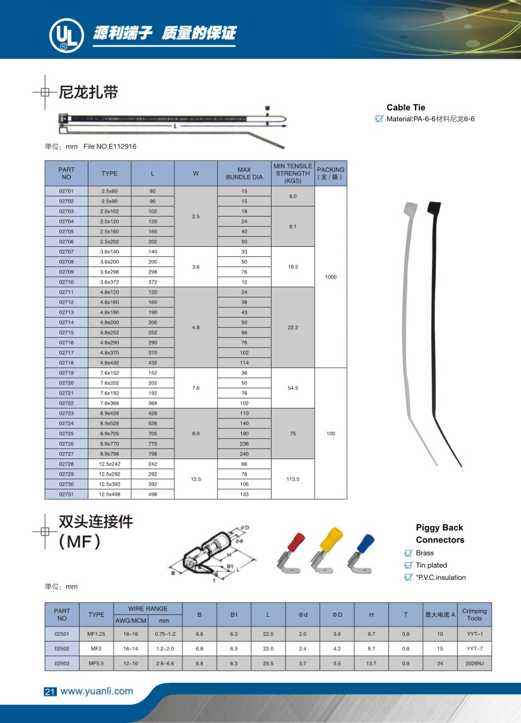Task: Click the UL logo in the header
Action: [x=64, y=36]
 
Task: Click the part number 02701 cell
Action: [x=66, y=191]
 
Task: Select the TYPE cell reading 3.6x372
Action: [x=109, y=282]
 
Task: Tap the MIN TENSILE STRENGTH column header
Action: [x=292, y=173]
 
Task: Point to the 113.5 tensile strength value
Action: [x=292, y=479]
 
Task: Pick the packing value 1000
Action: [x=330, y=277]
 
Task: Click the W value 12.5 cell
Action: [x=196, y=479]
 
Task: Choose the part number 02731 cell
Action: [x=66, y=494]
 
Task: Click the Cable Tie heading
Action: [x=406, y=107]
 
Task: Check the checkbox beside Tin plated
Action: [x=408, y=565]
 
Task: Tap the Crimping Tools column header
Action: [x=474, y=614]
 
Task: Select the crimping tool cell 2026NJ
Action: [x=474, y=663]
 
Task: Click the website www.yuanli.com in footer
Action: [x=97, y=691]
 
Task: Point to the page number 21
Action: [x=50, y=691]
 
